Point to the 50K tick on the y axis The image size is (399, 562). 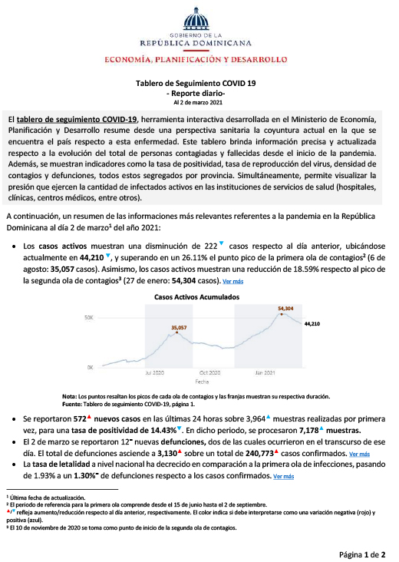click(x=88, y=316)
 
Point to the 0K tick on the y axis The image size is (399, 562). click(x=90, y=367)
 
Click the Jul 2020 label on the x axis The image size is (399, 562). click(x=154, y=373)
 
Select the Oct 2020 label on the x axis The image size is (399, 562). click(x=209, y=373)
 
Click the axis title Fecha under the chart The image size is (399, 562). click(x=203, y=381)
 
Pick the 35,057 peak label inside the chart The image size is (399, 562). click(x=180, y=327)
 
